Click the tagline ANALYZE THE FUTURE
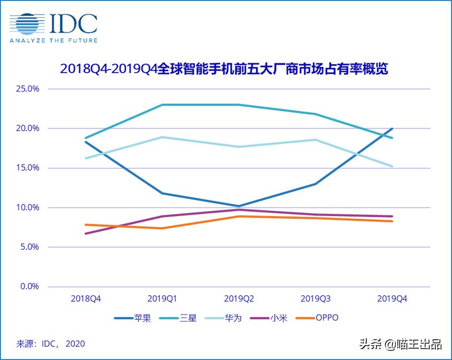pyautogui.click(x=53, y=40)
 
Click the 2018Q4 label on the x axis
pyautogui.click(x=85, y=299)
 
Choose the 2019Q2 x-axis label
pyautogui.click(x=239, y=299)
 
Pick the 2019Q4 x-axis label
pyautogui.click(x=392, y=299)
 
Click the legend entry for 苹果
pyautogui.click(x=133, y=318)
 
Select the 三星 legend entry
pyautogui.click(x=178, y=318)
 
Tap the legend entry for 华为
pyautogui.click(x=224, y=318)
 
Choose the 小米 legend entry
pyautogui.click(x=269, y=318)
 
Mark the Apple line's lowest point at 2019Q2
pyautogui.click(x=239, y=206)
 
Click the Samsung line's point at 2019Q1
pyautogui.click(x=162, y=105)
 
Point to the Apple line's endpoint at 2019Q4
pyautogui.click(x=392, y=128)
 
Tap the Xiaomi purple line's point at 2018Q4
pyautogui.click(x=86, y=233)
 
